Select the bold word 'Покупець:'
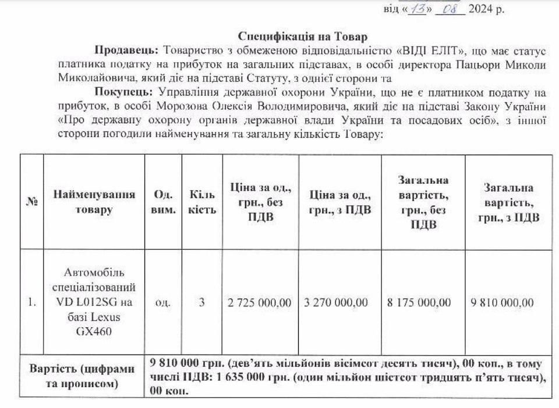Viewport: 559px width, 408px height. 122,93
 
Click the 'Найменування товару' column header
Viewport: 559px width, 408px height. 94,202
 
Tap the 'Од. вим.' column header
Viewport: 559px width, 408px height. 164,202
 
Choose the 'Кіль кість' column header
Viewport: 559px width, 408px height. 202,202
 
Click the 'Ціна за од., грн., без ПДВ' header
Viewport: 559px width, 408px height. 260,202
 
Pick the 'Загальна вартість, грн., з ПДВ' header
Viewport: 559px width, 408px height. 508,202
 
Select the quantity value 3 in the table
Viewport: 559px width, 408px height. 202,302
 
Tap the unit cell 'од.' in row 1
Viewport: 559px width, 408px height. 164,302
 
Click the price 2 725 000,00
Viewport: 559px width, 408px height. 260,302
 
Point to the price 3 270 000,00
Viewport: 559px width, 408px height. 336,302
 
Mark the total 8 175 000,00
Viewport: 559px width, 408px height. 419,302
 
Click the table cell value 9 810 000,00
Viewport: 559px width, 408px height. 502,302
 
